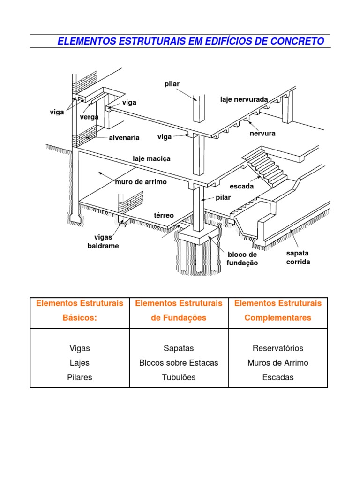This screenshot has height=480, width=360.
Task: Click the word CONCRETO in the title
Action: tap(297, 41)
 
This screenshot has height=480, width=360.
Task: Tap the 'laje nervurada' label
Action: tap(244, 99)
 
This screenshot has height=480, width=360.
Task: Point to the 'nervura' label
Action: tap(262, 134)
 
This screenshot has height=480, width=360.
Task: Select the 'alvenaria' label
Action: tap(124, 138)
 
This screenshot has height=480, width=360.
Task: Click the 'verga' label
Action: tap(89, 117)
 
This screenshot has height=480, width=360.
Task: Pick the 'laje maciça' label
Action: tap(151, 158)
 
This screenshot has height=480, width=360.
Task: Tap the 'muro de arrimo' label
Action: tap(141, 182)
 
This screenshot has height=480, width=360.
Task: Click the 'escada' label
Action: tap(241, 186)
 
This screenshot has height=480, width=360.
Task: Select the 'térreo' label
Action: tap(164, 215)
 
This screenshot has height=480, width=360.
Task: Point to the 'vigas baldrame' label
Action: tap(103, 241)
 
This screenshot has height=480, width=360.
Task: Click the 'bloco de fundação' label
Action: tap(242, 259)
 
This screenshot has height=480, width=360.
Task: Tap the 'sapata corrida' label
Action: tap(298, 257)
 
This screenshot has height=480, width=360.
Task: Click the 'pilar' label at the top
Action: tap(172, 84)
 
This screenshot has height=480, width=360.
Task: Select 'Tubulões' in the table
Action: tap(179, 377)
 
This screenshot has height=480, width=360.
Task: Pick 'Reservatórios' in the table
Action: tap(278, 348)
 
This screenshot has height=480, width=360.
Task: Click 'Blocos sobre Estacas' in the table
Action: tap(179, 363)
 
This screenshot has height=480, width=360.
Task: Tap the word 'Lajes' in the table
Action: tap(80, 363)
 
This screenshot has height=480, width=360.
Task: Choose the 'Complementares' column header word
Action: tap(278, 318)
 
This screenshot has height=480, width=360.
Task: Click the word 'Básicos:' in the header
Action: tap(80, 317)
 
